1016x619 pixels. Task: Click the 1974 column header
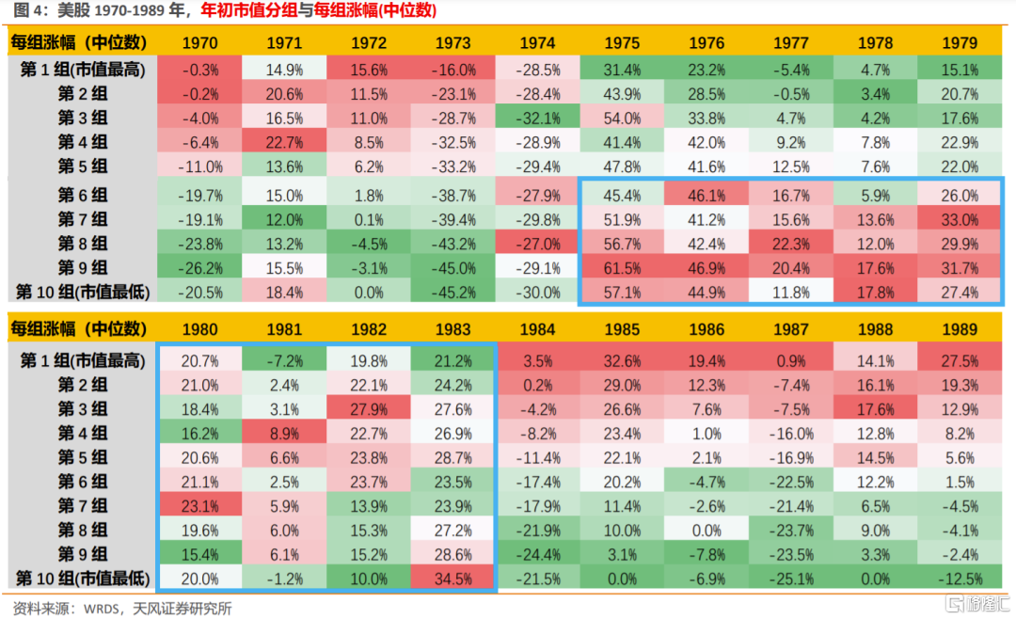click(x=537, y=43)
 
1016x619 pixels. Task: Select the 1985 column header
click(x=622, y=330)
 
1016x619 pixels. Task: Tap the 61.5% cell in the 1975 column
click(x=622, y=267)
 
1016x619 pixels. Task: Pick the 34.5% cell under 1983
click(x=454, y=579)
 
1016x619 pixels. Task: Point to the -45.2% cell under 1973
click(x=454, y=292)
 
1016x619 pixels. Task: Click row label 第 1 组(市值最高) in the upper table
click(x=83, y=70)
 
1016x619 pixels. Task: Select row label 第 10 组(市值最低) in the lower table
click(x=83, y=579)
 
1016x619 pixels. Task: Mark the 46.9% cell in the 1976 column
click(x=706, y=267)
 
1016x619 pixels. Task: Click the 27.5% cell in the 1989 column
click(x=959, y=360)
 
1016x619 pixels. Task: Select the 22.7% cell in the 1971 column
click(x=283, y=141)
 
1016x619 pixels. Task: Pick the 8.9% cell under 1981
click(x=283, y=433)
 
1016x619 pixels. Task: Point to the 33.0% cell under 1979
click(x=959, y=219)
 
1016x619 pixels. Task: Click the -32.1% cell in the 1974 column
click(x=537, y=118)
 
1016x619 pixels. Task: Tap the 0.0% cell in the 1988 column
click(x=875, y=579)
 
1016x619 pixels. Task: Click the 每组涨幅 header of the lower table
click(x=78, y=330)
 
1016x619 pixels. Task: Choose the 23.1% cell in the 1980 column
click(x=198, y=505)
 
